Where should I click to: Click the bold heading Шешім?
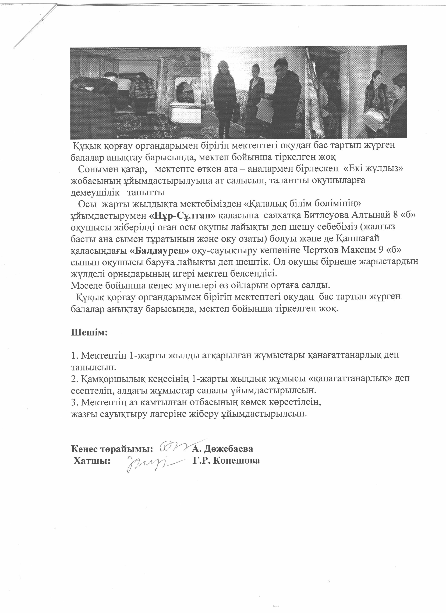coord(89,332)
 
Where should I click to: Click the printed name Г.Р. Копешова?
coord(226,461)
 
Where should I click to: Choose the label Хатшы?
coord(92,461)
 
